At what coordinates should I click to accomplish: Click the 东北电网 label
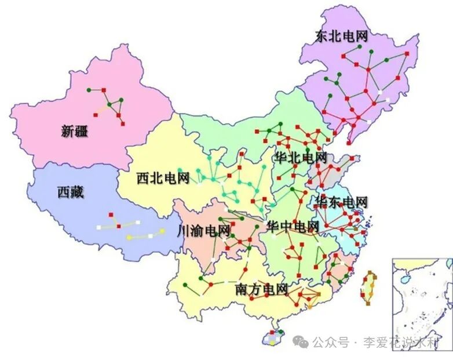pyautogui.click(x=342, y=37)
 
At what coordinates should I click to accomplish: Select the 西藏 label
pyautogui.click(x=71, y=192)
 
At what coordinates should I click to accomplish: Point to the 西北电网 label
pyautogui.click(x=163, y=178)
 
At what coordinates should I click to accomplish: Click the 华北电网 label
pyautogui.click(x=301, y=157)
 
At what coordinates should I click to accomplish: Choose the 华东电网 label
pyautogui.click(x=341, y=202)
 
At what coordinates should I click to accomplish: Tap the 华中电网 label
pyautogui.click(x=293, y=226)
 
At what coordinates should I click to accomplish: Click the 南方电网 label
pyautogui.click(x=262, y=289)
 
